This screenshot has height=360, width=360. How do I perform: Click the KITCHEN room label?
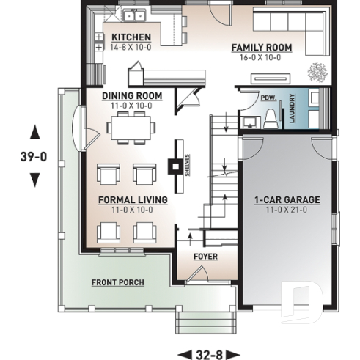(x=131, y=37)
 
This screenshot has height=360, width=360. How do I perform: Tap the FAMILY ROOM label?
(x=262, y=48)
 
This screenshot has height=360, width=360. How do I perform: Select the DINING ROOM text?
(x=132, y=96)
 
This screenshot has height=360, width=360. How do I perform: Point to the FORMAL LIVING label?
(x=133, y=199)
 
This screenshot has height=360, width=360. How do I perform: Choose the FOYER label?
(x=205, y=257)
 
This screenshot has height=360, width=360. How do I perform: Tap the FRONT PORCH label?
(x=117, y=282)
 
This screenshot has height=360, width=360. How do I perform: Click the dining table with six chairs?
(x=132, y=129)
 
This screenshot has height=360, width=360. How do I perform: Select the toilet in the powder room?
(x=271, y=117)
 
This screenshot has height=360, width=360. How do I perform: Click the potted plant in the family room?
(x=317, y=72)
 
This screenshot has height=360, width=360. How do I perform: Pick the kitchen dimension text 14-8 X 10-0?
(x=131, y=47)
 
